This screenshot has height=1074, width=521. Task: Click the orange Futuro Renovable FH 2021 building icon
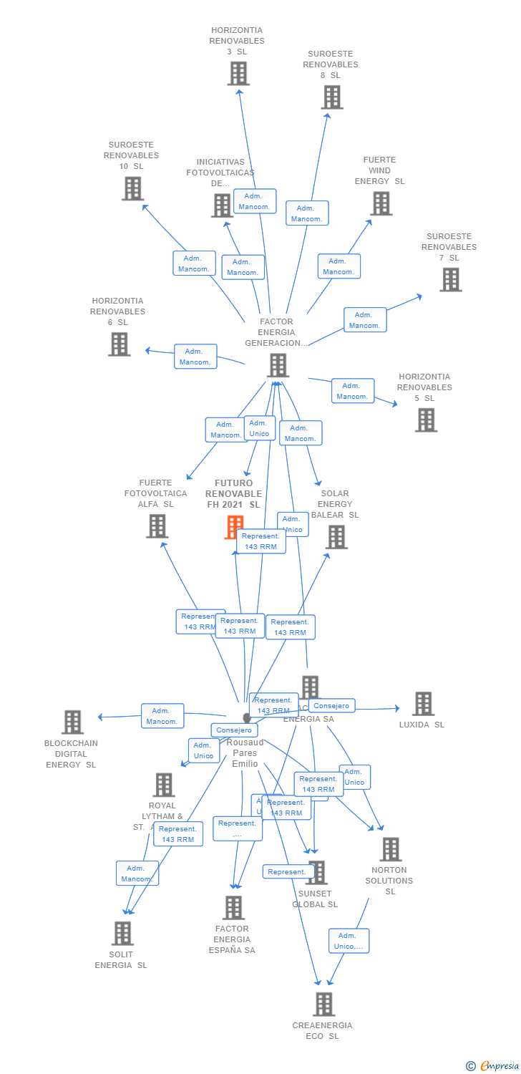click(234, 527)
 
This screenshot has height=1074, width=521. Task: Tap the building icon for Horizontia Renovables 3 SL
click(238, 74)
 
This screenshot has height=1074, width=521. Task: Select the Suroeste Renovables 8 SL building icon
click(332, 97)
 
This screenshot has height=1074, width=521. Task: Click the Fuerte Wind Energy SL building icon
click(381, 203)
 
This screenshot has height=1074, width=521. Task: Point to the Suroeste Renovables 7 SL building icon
click(450, 280)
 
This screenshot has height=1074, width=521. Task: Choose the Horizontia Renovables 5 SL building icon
click(426, 420)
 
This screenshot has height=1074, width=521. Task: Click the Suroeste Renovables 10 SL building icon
click(132, 189)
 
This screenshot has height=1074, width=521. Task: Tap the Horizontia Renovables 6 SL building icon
click(119, 344)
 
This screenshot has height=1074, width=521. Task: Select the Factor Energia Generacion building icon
click(278, 365)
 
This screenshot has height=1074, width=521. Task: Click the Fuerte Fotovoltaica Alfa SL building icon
click(157, 526)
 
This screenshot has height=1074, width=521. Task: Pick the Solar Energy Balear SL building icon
click(336, 537)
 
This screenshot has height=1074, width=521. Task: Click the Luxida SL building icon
click(423, 704)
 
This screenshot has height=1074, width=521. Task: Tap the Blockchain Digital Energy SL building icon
click(72, 722)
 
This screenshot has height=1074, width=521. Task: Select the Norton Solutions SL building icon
click(390, 850)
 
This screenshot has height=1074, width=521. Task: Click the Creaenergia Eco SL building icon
click(323, 1005)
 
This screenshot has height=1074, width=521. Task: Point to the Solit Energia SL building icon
click(122, 934)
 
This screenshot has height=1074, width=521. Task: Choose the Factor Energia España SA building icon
click(233, 908)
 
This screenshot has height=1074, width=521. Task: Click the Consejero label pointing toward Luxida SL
click(332, 706)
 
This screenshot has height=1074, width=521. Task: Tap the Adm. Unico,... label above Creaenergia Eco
click(349, 941)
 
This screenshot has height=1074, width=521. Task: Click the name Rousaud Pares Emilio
click(245, 753)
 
